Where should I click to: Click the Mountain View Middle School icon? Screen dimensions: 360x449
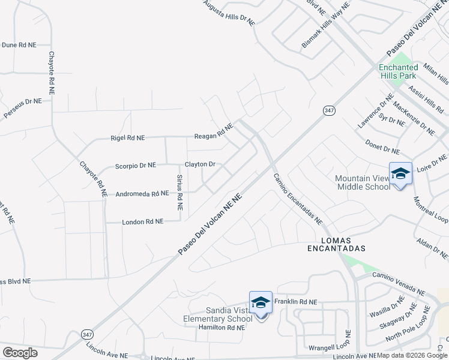click(x=400, y=173)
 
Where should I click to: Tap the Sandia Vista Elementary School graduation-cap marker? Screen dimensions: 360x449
click(x=261, y=302)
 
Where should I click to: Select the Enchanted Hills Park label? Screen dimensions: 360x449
click(x=398, y=72)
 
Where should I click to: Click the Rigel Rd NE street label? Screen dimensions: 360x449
click(x=128, y=137)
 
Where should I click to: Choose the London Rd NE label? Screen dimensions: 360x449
click(x=142, y=221)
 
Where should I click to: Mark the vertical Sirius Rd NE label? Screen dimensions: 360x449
click(x=179, y=192)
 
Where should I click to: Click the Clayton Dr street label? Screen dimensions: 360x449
click(x=200, y=164)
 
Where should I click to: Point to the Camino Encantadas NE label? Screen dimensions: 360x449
click(x=298, y=199)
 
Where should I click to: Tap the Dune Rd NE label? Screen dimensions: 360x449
click(x=19, y=44)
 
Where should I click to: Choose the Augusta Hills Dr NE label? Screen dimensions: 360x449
click(x=229, y=13)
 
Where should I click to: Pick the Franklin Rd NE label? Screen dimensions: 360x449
click(x=295, y=302)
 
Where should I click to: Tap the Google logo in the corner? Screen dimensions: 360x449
click(x=20, y=353)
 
